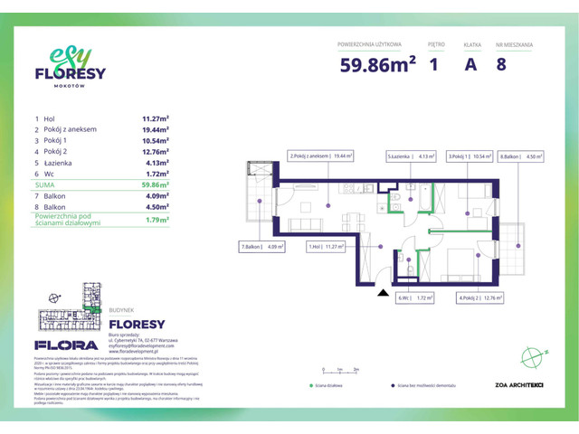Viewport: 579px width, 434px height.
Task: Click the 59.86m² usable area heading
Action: coord(377,64)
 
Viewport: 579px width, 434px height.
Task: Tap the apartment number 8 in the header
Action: coord(500,64)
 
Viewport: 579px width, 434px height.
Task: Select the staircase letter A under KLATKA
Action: coord(470,64)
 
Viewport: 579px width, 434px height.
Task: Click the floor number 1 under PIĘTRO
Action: coord(434,64)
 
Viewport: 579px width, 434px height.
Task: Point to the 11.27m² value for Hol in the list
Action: coord(157,118)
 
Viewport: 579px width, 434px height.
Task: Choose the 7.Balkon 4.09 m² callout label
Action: coord(262,246)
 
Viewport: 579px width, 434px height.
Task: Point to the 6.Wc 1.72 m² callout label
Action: coord(414,297)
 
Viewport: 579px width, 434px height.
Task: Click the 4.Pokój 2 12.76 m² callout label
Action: coord(480,297)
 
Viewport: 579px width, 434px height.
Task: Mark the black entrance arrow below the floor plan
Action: coord(381,293)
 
